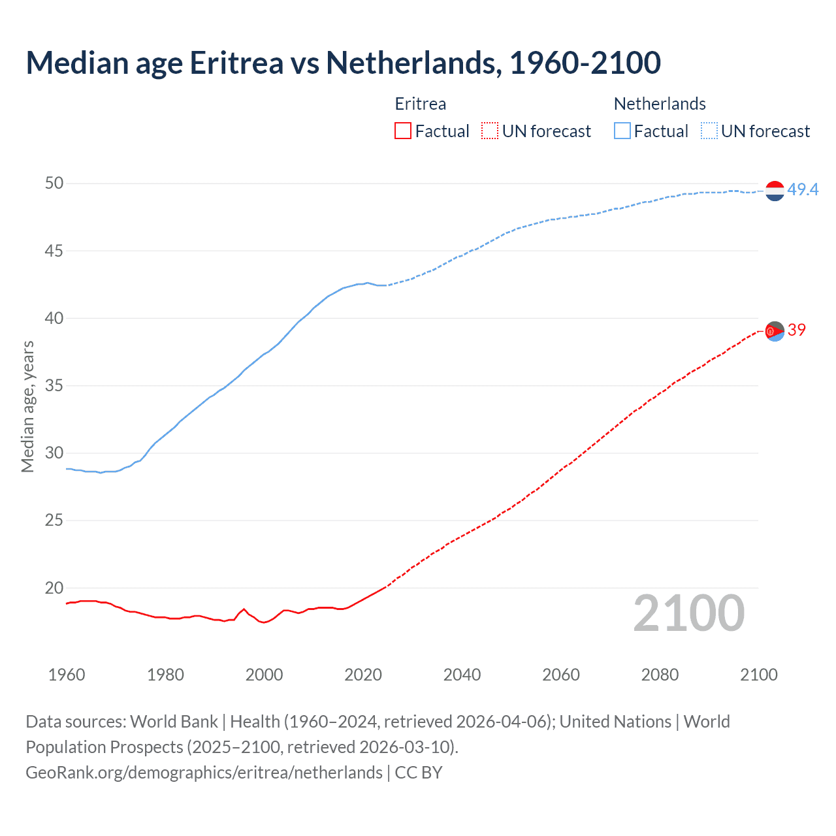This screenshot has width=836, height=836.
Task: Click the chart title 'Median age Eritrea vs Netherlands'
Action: click(x=343, y=63)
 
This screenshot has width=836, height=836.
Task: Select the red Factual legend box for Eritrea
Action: click(x=403, y=131)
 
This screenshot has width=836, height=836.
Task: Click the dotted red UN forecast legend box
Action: click(x=490, y=131)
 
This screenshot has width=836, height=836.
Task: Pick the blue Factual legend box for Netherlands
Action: click(x=622, y=131)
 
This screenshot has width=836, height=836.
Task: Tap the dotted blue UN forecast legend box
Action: click(x=709, y=131)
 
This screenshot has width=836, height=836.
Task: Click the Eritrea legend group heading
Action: click(x=421, y=104)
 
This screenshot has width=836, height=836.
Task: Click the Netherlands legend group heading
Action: click(x=660, y=104)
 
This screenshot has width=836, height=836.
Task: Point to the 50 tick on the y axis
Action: click(x=54, y=184)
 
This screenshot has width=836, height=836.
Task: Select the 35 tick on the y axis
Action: click(x=54, y=385)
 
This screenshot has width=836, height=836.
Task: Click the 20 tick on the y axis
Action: click(x=54, y=588)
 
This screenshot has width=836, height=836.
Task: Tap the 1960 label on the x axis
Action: click(x=67, y=675)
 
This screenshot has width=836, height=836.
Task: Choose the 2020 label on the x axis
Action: click(x=363, y=675)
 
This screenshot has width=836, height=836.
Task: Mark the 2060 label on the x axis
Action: click(x=561, y=675)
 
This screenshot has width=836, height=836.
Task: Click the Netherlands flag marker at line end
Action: click(x=775, y=191)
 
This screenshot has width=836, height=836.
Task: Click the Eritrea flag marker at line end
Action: click(x=775, y=331)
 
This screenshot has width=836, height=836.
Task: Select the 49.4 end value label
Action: click(x=803, y=189)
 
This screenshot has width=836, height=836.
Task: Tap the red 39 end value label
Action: click(x=797, y=330)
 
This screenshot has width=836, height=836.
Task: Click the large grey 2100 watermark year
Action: click(x=689, y=613)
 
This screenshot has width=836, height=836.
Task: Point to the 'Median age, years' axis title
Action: click(x=27, y=406)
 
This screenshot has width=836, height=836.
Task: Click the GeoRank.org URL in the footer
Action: click(x=204, y=772)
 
